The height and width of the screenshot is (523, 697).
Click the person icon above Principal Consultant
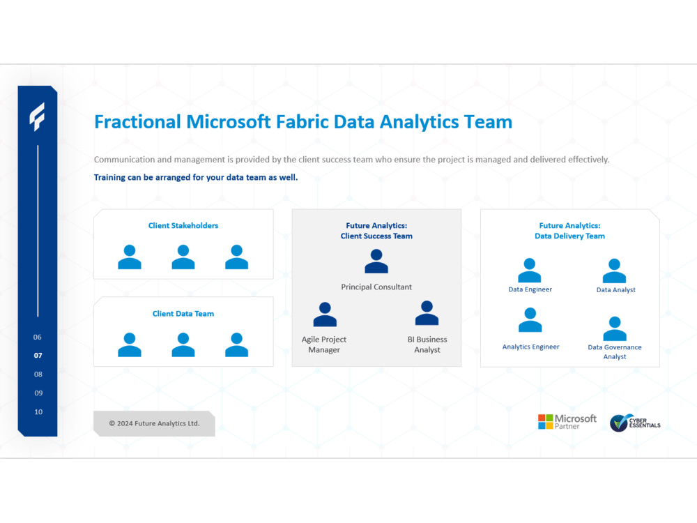[x=376, y=261]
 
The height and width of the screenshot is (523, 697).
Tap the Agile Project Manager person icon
[x=325, y=314]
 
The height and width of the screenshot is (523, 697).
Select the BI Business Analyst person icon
[x=427, y=313]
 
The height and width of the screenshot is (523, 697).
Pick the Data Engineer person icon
[x=530, y=271]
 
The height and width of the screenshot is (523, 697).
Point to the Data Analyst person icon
[x=614, y=271]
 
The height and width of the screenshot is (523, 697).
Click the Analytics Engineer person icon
[x=530, y=320]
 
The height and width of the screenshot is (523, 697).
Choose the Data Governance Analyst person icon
[x=614, y=328]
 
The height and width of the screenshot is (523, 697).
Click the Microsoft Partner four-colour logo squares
[x=545, y=422]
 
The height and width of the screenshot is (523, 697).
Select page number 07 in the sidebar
[x=38, y=356]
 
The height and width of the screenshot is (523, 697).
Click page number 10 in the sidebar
[x=38, y=412]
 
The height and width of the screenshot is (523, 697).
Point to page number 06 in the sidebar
[x=38, y=338]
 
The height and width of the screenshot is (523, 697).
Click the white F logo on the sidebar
[x=37, y=116]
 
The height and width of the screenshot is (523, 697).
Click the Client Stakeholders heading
[x=183, y=226]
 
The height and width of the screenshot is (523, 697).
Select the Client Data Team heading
[x=183, y=314]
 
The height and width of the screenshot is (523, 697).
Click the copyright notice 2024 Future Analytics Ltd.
[x=154, y=423]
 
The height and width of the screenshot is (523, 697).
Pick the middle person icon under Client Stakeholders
[x=183, y=257]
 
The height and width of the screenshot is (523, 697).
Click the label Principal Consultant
[x=376, y=287]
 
